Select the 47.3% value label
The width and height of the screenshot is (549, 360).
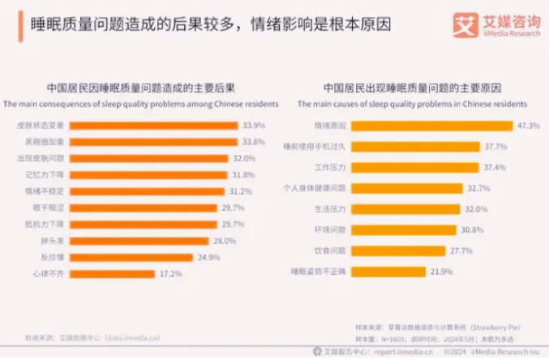pyautogui.click(x=529, y=125)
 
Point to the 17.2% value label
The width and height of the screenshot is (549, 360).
pyautogui.click(x=171, y=275)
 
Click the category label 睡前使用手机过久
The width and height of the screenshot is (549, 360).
pyautogui.click(x=319, y=146)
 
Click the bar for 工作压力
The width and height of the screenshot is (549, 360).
pyautogui.click(x=416, y=166)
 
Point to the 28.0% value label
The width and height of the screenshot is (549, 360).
pyautogui.click(x=224, y=241)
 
